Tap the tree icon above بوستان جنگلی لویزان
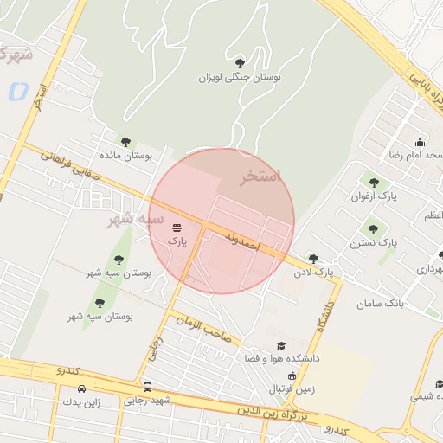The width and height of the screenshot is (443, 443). coord(240,61)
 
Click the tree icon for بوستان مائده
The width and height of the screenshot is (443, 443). coord(125,142)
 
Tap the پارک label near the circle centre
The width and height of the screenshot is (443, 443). coord(177,241)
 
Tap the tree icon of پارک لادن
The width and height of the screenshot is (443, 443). coord(313,258)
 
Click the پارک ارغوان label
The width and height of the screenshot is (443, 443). coord(374,197)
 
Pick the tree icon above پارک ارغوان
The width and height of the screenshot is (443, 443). coord(374,183)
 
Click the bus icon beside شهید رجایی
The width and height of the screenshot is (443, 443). coord(148,387)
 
